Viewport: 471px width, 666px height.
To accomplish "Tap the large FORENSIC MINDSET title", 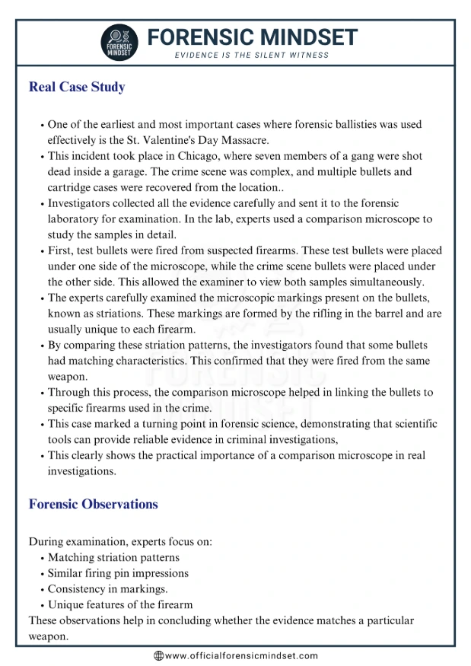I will click(252, 37).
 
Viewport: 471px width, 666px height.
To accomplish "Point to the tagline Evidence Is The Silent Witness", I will click(252, 56).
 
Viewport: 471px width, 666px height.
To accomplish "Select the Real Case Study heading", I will click(77, 87).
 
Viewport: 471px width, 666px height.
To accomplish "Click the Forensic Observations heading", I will click(93, 504).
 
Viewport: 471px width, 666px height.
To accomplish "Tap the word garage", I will click(145, 172).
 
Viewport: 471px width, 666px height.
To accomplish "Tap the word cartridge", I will click(73, 188).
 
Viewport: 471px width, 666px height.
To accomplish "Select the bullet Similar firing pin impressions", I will click(118, 573).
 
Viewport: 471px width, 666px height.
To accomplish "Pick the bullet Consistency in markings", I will click(107, 589).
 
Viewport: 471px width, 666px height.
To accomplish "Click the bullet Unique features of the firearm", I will click(120, 605).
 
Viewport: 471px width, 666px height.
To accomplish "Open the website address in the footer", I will click(241, 655).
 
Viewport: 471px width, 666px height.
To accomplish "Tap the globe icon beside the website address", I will click(158, 655).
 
